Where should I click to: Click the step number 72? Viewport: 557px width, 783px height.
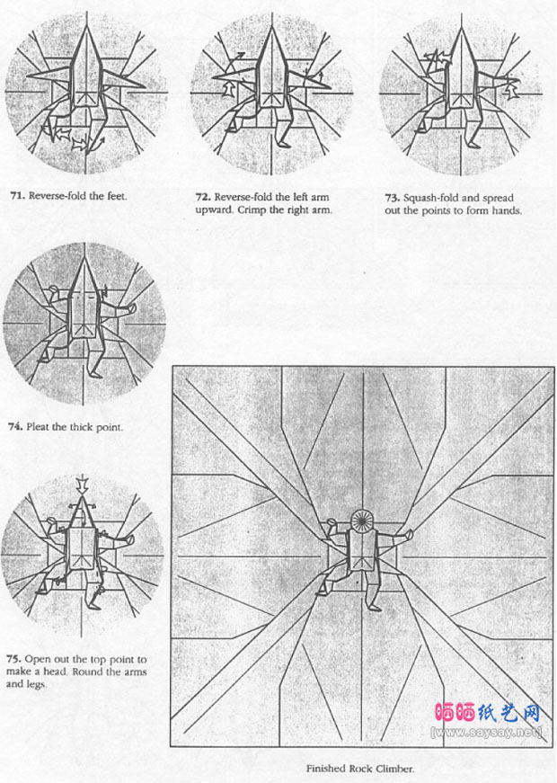coord(202,196)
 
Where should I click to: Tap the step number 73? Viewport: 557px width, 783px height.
coord(390,197)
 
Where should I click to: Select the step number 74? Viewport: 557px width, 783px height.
coord(16,427)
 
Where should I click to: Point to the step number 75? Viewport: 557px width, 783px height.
coord(16,659)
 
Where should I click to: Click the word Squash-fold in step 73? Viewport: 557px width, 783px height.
coord(431,197)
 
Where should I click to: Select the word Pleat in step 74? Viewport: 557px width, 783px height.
coord(43,427)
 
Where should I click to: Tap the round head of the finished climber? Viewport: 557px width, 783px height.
coord(365,521)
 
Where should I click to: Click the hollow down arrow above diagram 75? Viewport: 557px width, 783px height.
coord(82,484)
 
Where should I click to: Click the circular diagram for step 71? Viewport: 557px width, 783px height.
coord(86,93)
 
